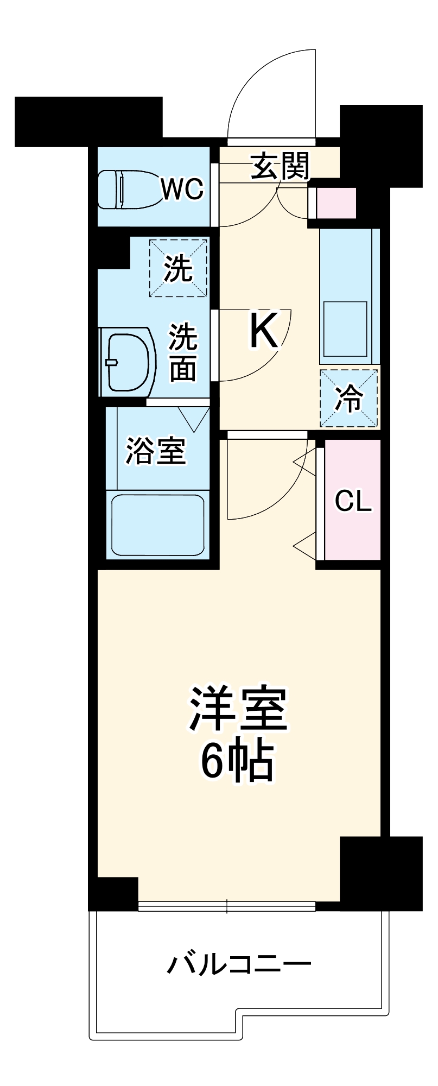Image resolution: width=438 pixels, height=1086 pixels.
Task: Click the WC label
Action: click(x=182, y=189)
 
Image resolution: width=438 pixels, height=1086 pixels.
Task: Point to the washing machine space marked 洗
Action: click(x=179, y=268)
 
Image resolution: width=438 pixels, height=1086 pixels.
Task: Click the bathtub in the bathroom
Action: click(x=157, y=525)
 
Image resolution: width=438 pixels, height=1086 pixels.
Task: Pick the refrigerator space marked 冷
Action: click(x=348, y=398)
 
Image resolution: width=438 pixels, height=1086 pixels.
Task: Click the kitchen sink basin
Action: click(x=345, y=329)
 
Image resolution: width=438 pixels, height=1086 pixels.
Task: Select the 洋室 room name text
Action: click(x=238, y=709)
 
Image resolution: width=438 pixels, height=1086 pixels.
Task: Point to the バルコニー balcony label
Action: click(x=239, y=964)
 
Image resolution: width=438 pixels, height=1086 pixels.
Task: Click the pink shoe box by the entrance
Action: click(x=337, y=203)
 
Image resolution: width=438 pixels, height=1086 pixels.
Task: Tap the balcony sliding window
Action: click(x=227, y=905)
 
